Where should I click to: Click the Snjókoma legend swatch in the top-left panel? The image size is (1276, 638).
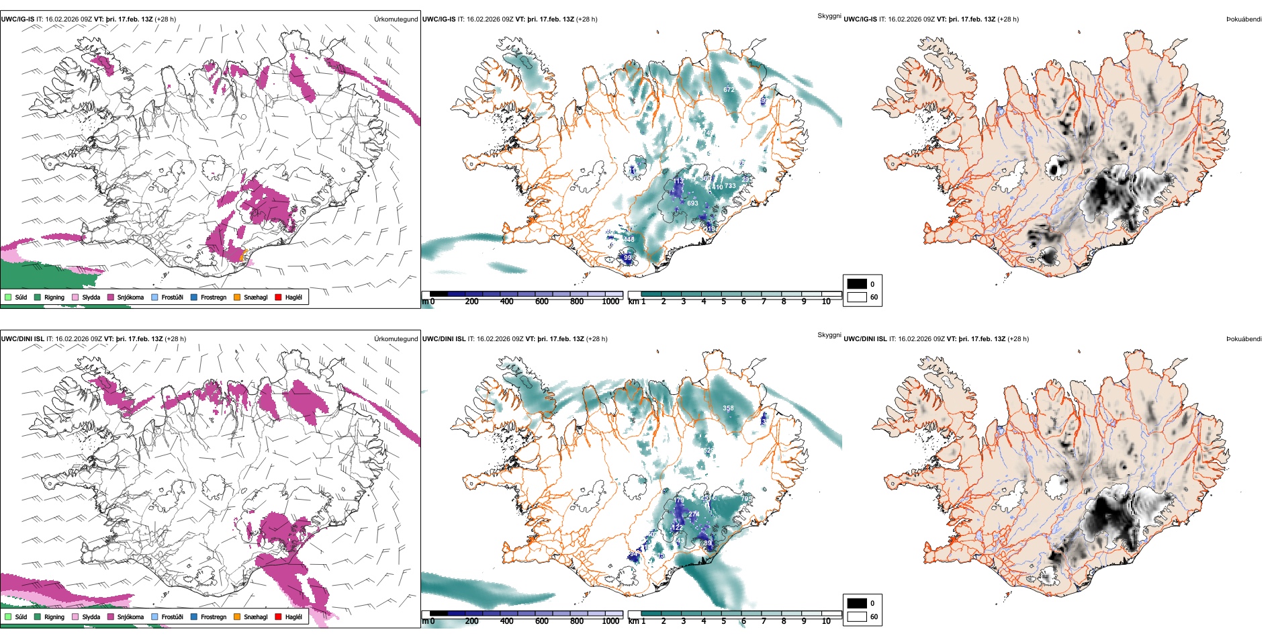(x=111, y=297)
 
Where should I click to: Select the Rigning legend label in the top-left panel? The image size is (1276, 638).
(x=54, y=297)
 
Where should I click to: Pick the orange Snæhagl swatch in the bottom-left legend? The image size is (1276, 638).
(x=237, y=617)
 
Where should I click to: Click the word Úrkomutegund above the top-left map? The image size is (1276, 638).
(x=396, y=19)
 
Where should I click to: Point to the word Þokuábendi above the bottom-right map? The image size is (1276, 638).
(x=1244, y=338)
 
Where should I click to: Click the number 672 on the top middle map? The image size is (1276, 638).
(x=729, y=89)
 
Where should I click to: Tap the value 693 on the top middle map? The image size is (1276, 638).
(x=692, y=203)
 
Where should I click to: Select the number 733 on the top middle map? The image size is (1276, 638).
(x=730, y=186)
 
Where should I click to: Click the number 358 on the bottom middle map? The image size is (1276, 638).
(x=728, y=408)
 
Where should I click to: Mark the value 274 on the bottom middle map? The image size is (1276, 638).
(x=694, y=514)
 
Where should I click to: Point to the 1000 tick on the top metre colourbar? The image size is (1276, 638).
(x=610, y=302)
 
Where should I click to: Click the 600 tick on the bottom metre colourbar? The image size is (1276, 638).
(x=541, y=621)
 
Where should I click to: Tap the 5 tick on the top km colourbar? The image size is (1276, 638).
(x=723, y=302)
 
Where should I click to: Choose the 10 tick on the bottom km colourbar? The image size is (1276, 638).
(x=826, y=621)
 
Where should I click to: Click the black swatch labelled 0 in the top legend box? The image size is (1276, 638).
(x=857, y=284)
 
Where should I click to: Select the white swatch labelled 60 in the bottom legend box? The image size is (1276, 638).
(x=857, y=617)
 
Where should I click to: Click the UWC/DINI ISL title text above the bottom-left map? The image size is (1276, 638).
(x=22, y=338)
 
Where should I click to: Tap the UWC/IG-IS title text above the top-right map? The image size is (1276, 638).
(x=860, y=19)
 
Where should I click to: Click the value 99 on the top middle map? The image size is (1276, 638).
(x=627, y=258)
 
